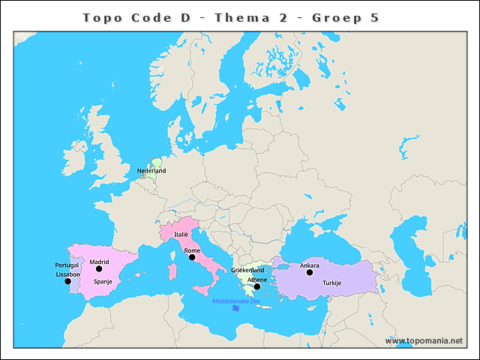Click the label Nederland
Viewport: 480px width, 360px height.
151,171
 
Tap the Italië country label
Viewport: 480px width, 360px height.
181,235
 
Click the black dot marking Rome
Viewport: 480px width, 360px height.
192,257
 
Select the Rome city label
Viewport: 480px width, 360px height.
192,250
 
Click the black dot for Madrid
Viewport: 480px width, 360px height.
99,269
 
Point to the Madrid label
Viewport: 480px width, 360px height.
99,262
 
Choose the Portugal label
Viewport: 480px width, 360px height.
67,265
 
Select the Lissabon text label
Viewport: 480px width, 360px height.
67,274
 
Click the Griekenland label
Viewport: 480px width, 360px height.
247,269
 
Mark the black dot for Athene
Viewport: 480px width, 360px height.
256,286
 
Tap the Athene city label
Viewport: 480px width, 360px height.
256,279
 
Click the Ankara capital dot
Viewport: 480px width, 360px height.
309,272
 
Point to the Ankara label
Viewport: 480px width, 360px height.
309,265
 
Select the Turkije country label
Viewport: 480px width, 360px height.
331,283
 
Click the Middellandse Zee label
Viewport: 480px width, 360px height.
235,301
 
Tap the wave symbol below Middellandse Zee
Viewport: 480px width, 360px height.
235,308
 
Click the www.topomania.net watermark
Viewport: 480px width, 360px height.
424,340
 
